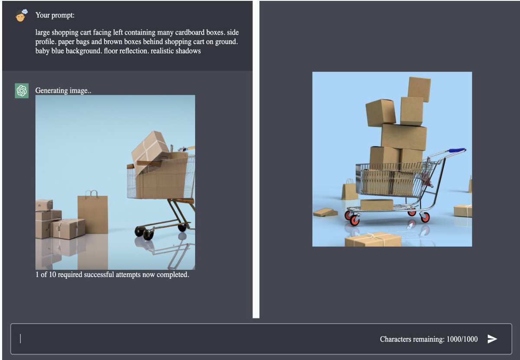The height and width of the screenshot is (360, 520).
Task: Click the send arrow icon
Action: click(492, 339)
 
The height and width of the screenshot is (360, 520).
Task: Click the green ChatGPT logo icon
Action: click(22, 91)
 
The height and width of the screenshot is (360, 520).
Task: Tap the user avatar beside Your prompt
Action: click(21, 16)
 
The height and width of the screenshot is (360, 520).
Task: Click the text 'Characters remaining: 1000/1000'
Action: click(429, 339)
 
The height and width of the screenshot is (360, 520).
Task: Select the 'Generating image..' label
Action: click(63, 90)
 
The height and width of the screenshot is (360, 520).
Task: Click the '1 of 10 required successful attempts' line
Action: click(112, 275)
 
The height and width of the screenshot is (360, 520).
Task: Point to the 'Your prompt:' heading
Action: click(55, 15)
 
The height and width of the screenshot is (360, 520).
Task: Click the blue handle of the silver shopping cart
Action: click(457, 150)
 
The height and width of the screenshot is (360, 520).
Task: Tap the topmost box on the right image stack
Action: click(419, 89)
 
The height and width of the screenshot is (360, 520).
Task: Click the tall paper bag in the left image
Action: click(93, 212)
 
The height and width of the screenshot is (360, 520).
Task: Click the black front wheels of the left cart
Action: click(144, 232)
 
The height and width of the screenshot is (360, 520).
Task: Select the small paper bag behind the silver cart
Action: click(349, 190)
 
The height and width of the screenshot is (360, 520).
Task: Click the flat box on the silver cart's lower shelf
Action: click(377, 205)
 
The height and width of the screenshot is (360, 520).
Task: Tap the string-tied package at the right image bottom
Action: click(373, 239)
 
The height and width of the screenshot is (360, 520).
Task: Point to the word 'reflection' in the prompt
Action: click(133, 51)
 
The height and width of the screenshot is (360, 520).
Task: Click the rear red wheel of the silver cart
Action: click(425, 217)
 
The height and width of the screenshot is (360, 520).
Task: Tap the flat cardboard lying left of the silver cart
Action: click(325, 213)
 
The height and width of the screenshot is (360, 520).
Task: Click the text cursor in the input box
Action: click(20, 339)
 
